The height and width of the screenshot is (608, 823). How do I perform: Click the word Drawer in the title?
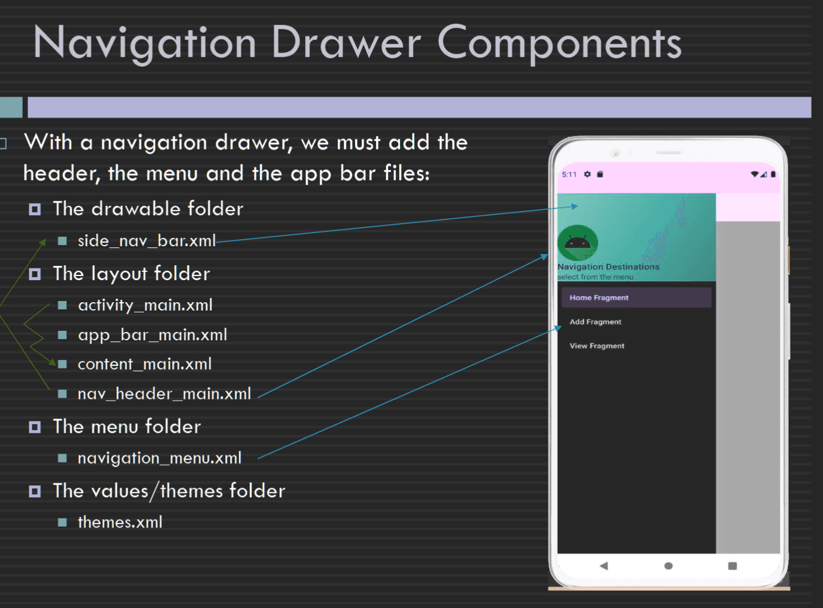346,42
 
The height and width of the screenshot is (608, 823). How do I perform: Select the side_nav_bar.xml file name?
147,241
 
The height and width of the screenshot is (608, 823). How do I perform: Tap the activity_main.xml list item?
145,305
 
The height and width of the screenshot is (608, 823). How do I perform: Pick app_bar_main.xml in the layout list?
153,335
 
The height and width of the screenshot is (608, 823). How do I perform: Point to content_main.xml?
145,364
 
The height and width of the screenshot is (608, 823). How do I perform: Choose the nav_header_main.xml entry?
164,393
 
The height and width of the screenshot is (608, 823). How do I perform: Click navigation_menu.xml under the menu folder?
160,458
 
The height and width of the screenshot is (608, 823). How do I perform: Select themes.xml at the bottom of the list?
120,522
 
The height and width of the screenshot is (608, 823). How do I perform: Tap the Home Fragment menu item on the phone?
599,297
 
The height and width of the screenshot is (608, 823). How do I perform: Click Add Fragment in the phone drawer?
595,322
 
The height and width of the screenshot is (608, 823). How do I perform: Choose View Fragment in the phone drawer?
597,346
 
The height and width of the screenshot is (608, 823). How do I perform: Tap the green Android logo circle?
577,243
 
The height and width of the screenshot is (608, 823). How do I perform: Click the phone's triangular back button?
604,566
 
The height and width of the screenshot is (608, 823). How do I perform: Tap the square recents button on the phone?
732,566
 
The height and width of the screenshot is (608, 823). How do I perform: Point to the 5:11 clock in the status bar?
569,175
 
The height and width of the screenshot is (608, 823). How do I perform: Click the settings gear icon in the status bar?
588,174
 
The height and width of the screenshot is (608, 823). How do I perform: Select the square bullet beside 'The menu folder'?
35,427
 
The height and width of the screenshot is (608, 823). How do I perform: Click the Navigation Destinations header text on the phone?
608,266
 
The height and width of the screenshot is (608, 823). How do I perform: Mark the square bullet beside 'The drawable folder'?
35,209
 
